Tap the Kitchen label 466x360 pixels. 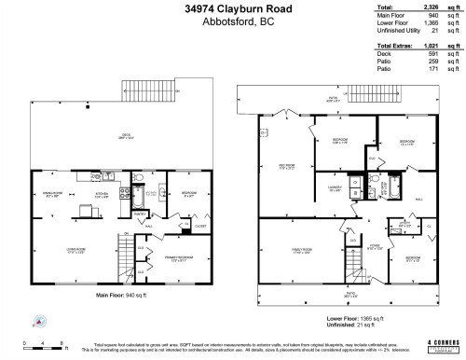[x=103, y=194]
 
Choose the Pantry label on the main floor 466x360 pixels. [x=137, y=213]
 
